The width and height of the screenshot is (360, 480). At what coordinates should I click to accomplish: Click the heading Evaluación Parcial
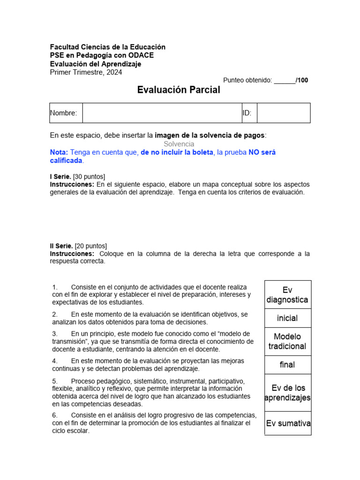[179, 90]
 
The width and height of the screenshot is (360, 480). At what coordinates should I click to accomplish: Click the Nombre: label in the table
[63, 113]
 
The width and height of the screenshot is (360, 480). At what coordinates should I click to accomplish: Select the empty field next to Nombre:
[162, 113]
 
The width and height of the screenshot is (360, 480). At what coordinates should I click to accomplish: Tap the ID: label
[247, 113]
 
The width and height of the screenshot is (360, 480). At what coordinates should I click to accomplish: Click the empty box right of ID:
[283, 113]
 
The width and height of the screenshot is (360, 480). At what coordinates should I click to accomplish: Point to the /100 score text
[302, 80]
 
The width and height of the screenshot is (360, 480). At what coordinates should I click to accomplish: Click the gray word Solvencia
[179, 144]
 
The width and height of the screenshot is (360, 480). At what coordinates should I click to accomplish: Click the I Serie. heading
[60, 176]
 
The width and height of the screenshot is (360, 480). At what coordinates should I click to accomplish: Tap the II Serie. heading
[61, 246]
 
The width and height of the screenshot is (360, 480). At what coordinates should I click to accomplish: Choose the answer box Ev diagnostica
[287, 295]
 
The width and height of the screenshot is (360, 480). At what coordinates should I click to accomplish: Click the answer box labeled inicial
[287, 318]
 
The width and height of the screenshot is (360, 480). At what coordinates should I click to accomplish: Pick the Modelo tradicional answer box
[287, 341]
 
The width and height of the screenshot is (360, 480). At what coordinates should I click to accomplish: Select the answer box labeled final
[287, 365]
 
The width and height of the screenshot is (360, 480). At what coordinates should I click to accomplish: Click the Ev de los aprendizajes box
[287, 393]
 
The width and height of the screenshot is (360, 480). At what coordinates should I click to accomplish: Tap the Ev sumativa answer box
[288, 423]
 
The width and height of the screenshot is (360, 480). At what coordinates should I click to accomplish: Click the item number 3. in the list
[55, 334]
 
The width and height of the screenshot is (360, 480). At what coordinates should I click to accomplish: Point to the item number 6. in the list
[55, 415]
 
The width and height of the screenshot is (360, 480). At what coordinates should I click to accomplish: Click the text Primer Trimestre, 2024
[86, 72]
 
